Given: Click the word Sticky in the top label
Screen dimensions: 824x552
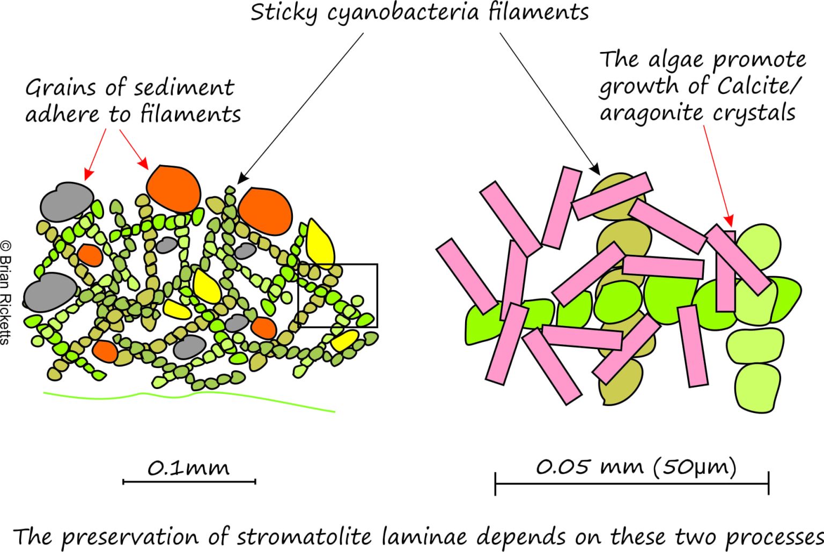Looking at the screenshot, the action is (284, 13).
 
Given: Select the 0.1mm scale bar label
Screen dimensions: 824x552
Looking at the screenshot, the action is (188, 468).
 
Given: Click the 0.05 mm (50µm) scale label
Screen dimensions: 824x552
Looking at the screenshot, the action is (636, 467).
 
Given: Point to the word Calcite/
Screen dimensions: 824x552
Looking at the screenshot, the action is (759, 86).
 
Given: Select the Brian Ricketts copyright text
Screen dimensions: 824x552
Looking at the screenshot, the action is (5, 293).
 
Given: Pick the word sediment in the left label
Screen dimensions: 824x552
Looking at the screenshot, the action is (184, 89).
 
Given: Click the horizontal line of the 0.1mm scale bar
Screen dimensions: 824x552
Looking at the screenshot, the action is (189, 481).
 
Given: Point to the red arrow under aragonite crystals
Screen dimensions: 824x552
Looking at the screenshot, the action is (718, 176).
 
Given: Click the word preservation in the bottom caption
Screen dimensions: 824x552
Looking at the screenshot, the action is (131, 538).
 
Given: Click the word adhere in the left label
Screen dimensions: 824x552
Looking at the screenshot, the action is (62, 114).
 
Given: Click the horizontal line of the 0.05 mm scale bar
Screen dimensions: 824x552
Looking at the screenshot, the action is (632, 484).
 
